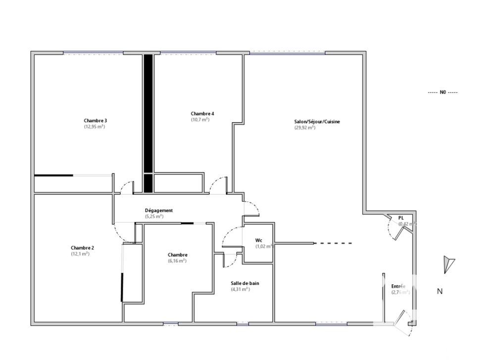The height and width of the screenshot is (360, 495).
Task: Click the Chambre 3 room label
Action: (x=96, y=121)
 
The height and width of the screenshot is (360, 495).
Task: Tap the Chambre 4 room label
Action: (x=202, y=113)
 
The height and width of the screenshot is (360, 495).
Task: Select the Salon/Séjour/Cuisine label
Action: (x=317, y=121)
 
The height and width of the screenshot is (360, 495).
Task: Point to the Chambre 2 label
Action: (x=82, y=248)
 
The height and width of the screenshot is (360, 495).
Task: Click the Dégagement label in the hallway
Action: (x=158, y=210)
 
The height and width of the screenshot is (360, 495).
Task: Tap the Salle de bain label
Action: (x=245, y=283)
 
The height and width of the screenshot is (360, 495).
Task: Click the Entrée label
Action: (x=398, y=286)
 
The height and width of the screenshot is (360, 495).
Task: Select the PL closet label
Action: (x=401, y=218)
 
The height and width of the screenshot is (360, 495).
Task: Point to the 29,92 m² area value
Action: (x=305, y=128)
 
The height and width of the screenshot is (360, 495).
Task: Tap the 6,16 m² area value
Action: (x=177, y=261)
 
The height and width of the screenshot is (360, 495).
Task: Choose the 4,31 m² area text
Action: (x=241, y=289)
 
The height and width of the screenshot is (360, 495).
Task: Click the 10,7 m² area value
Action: (x=200, y=120)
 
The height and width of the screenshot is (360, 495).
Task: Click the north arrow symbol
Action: (x=448, y=264)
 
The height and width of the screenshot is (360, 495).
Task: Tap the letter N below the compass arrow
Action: (x=440, y=292)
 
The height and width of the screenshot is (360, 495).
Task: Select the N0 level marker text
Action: (x=443, y=92)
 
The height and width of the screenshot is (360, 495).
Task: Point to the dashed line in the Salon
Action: (x=334, y=243)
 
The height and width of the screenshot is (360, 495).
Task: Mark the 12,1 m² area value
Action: (x=80, y=254)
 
